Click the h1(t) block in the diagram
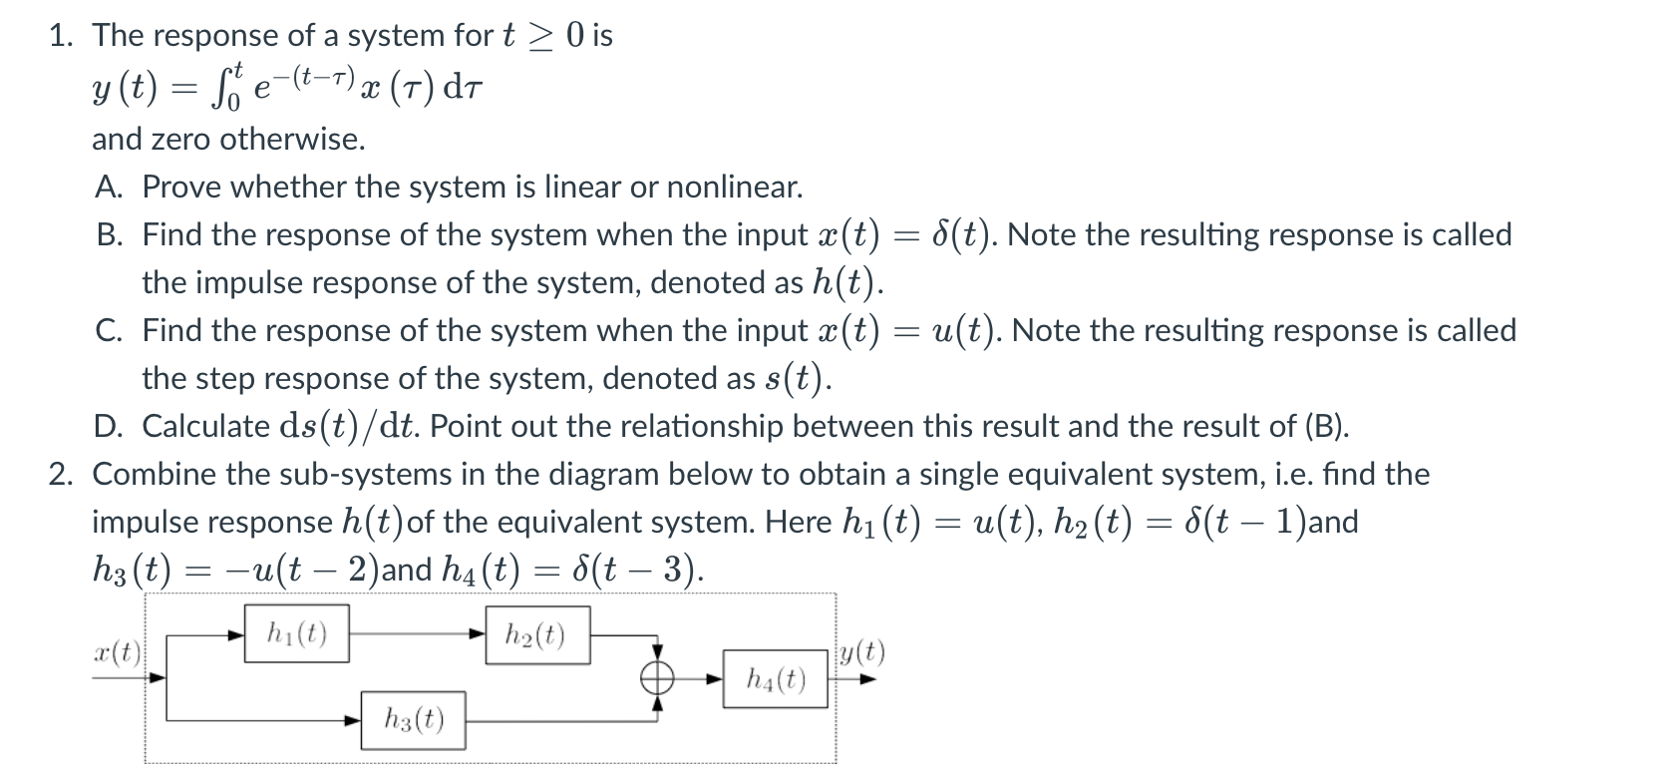(297, 633)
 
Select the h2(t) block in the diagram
(535, 635)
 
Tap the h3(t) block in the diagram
(413, 720)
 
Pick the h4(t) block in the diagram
(775, 680)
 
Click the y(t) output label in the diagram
(861, 653)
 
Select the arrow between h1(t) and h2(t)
(418, 633)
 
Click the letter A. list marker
(109, 187)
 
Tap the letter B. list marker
(109, 234)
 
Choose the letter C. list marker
(109, 330)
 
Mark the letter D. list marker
(109, 426)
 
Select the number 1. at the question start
(63, 35)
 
